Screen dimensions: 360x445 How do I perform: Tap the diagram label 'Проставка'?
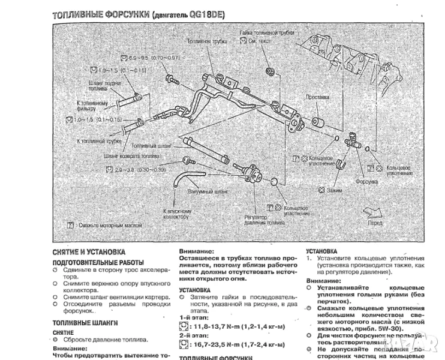317,97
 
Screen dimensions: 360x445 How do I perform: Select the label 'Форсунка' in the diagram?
365,180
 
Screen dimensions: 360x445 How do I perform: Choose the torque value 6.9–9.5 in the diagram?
151,58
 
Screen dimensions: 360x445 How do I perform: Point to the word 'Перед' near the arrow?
376,223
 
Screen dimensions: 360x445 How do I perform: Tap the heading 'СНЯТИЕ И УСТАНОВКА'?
88,252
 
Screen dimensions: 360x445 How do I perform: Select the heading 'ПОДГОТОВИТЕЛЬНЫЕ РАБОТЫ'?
98,263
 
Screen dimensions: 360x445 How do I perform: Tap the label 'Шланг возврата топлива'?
131,155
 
